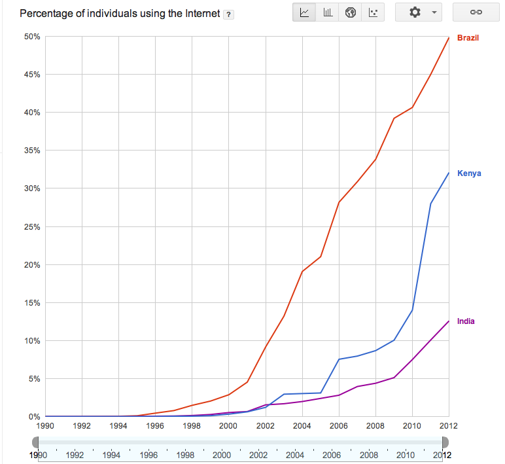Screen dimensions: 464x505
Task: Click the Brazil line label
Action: tap(467, 38)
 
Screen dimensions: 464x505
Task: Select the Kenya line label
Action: tap(468, 173)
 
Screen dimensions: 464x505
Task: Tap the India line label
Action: tap(466, 321)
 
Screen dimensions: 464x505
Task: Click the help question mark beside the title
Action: tap(228, 14)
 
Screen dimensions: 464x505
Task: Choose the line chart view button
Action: tap(304, 12)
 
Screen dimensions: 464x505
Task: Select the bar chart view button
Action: tap(328, 12)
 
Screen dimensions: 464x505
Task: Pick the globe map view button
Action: tap(351, 12)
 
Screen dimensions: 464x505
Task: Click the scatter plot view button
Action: tap(373, 12)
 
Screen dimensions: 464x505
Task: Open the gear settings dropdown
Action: tap(419, 12)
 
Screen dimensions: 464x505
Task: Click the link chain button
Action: tap(476, 12)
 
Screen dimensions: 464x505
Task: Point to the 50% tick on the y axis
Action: tap(32, 37)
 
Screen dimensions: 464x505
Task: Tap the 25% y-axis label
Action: tap(32, 227)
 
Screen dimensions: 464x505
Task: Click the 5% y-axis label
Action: tap(34, 379)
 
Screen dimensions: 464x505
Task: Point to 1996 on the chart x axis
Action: tap(154, 426)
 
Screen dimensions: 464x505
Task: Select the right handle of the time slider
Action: tap(445, 443)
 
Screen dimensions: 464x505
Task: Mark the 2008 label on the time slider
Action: tap(368, 455)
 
